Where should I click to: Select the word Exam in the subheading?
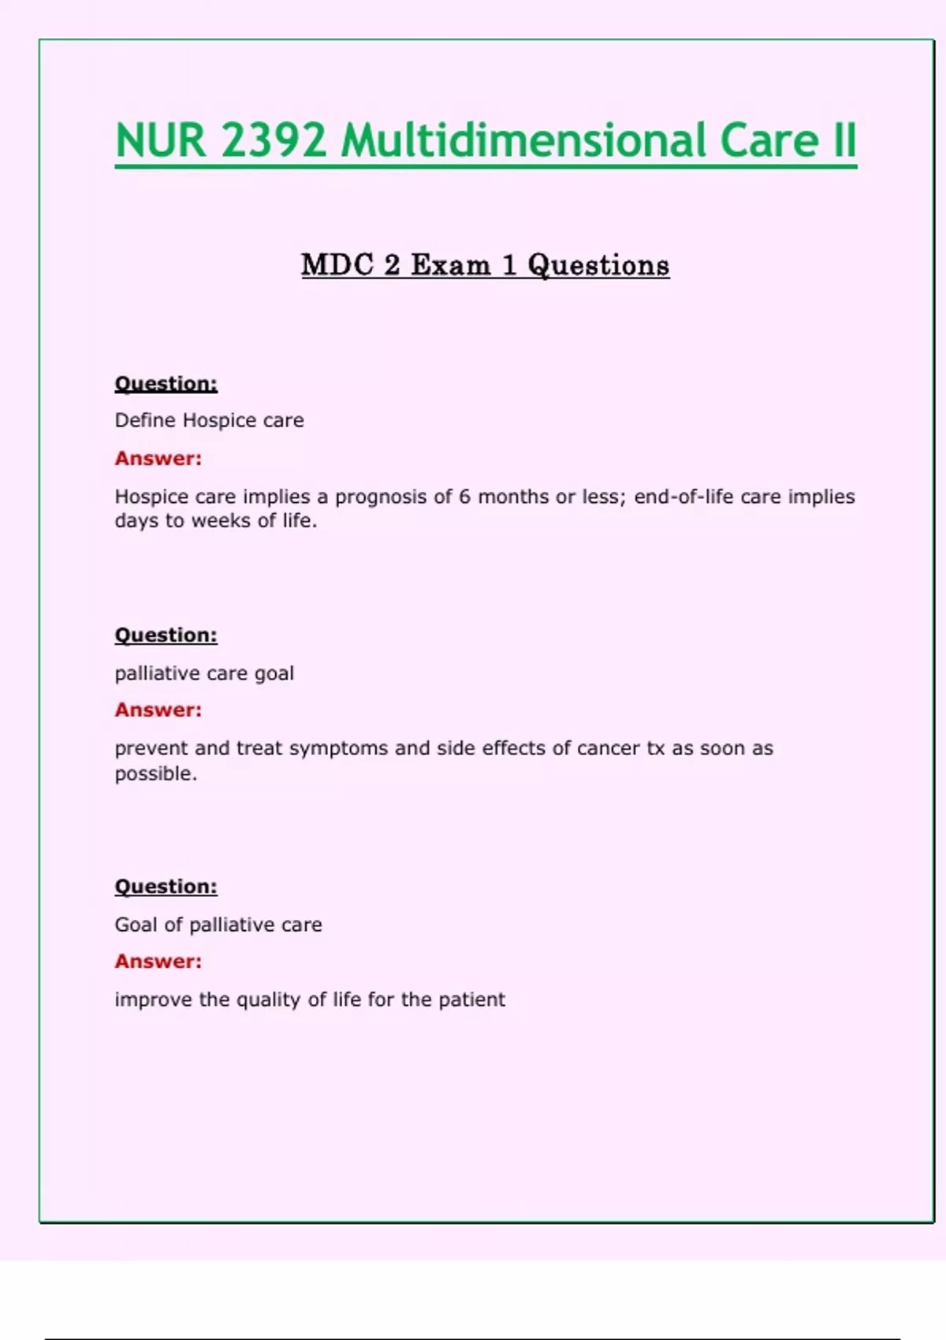[x=450, y=265]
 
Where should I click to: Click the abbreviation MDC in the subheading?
[x=337, y=265]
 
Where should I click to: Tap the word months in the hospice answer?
[x=513, y=497]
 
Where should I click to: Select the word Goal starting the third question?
[x=136, y=925]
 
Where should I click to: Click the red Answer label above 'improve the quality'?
[x=158, y=962]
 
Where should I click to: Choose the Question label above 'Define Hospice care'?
[x=166, y=384]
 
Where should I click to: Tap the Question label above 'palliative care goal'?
[x=166, y=635]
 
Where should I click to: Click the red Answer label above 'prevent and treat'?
[x=158, y=710]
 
